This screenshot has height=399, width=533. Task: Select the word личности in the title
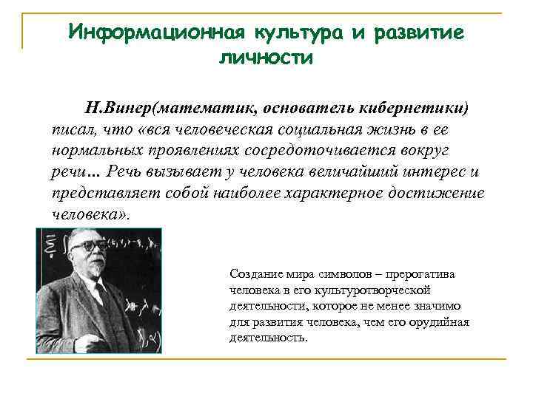pos(266,58)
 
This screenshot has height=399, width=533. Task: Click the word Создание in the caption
pos(255,274)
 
